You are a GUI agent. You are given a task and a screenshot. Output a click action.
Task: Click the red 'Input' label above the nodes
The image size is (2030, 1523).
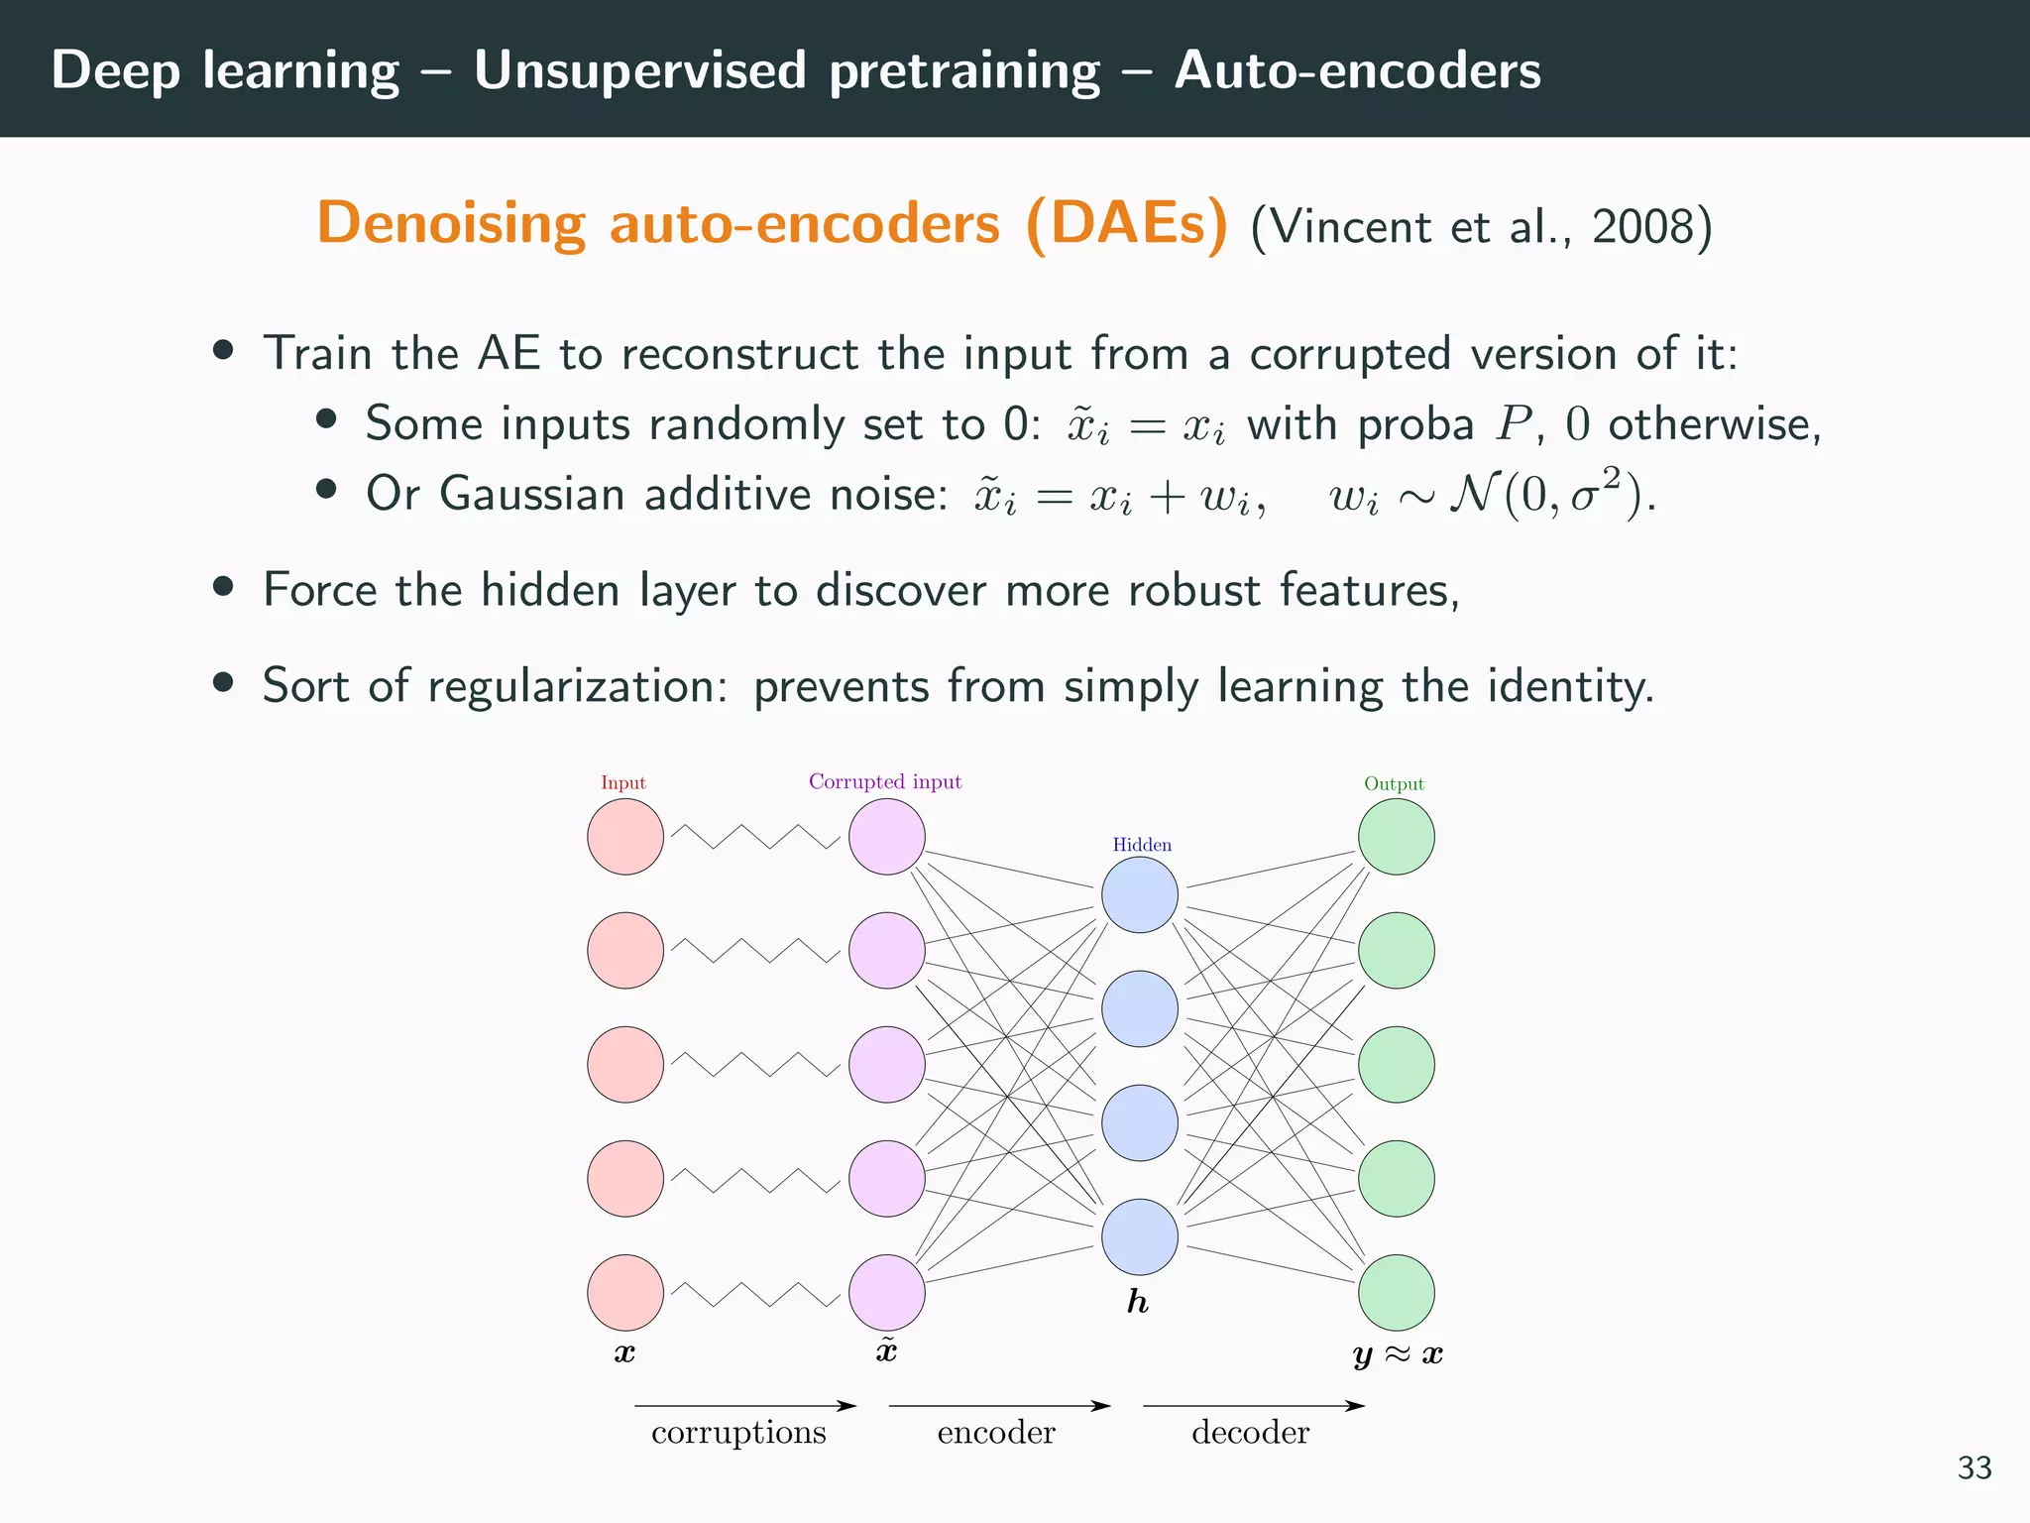(622, 783)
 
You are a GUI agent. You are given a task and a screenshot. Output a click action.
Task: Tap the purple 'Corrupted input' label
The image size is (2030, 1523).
(885, 782)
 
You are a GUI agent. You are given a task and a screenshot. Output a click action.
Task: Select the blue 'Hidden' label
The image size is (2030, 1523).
(1142, 845)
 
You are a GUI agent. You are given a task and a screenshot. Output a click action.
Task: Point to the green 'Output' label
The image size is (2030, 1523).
(1394, 784)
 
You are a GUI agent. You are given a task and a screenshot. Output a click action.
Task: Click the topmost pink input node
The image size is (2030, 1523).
(625, 837)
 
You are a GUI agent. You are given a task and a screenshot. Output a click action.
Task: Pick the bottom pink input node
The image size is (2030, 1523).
(625, 1293)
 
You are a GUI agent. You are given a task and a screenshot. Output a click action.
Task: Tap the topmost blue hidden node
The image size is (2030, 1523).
(1140, 894)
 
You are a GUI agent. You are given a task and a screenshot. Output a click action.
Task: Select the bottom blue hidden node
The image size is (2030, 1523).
(1140, 1237)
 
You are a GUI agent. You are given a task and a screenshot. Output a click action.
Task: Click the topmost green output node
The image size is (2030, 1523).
(1396, 837)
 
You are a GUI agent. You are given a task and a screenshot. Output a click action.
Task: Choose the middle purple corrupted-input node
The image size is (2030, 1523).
(887, 1065)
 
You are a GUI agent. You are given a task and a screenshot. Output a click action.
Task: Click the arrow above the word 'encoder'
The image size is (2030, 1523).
(999, 1405)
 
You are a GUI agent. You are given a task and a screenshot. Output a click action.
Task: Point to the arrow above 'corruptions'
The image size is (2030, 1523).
(745, 1405)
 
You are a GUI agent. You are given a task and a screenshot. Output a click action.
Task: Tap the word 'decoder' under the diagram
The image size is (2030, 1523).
(1250, 1433)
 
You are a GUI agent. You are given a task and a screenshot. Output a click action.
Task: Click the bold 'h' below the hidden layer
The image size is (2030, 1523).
(1138, 1302)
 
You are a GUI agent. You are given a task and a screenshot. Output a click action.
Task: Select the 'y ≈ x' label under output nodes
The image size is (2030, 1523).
(1398, 1354)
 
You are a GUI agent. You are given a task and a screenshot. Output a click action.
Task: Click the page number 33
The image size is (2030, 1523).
(1974, 1467)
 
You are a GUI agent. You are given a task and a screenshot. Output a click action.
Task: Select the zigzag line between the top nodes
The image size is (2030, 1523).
(755, 837)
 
